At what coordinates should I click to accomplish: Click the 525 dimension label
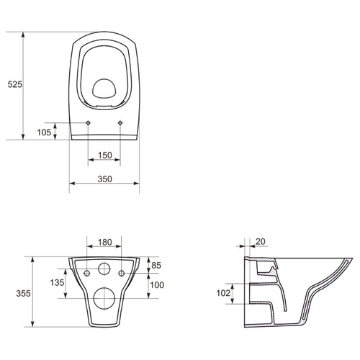pyautogui.click(x=15, y=84)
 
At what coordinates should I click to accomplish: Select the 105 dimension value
pyautogui.click(x=44, y=132)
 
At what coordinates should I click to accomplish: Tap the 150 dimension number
pyautogui.click(x=105, y=156)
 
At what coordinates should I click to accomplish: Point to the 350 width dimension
pyautogui.click(x=105, y=179)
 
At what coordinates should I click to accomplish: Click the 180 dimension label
pyautogui.click(x=105, y=242)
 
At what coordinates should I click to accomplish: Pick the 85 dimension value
pyautogui.click(x=156, y=266)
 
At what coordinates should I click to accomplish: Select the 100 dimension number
pyautogui.click(x=157, y=285)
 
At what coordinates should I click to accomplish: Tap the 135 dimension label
pyautogui.click(x=57, y=282)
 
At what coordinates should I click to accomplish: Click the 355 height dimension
pyautogui.click(x=23, y=293)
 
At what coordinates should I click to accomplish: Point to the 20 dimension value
pyautogui.click(x=261, y=242)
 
